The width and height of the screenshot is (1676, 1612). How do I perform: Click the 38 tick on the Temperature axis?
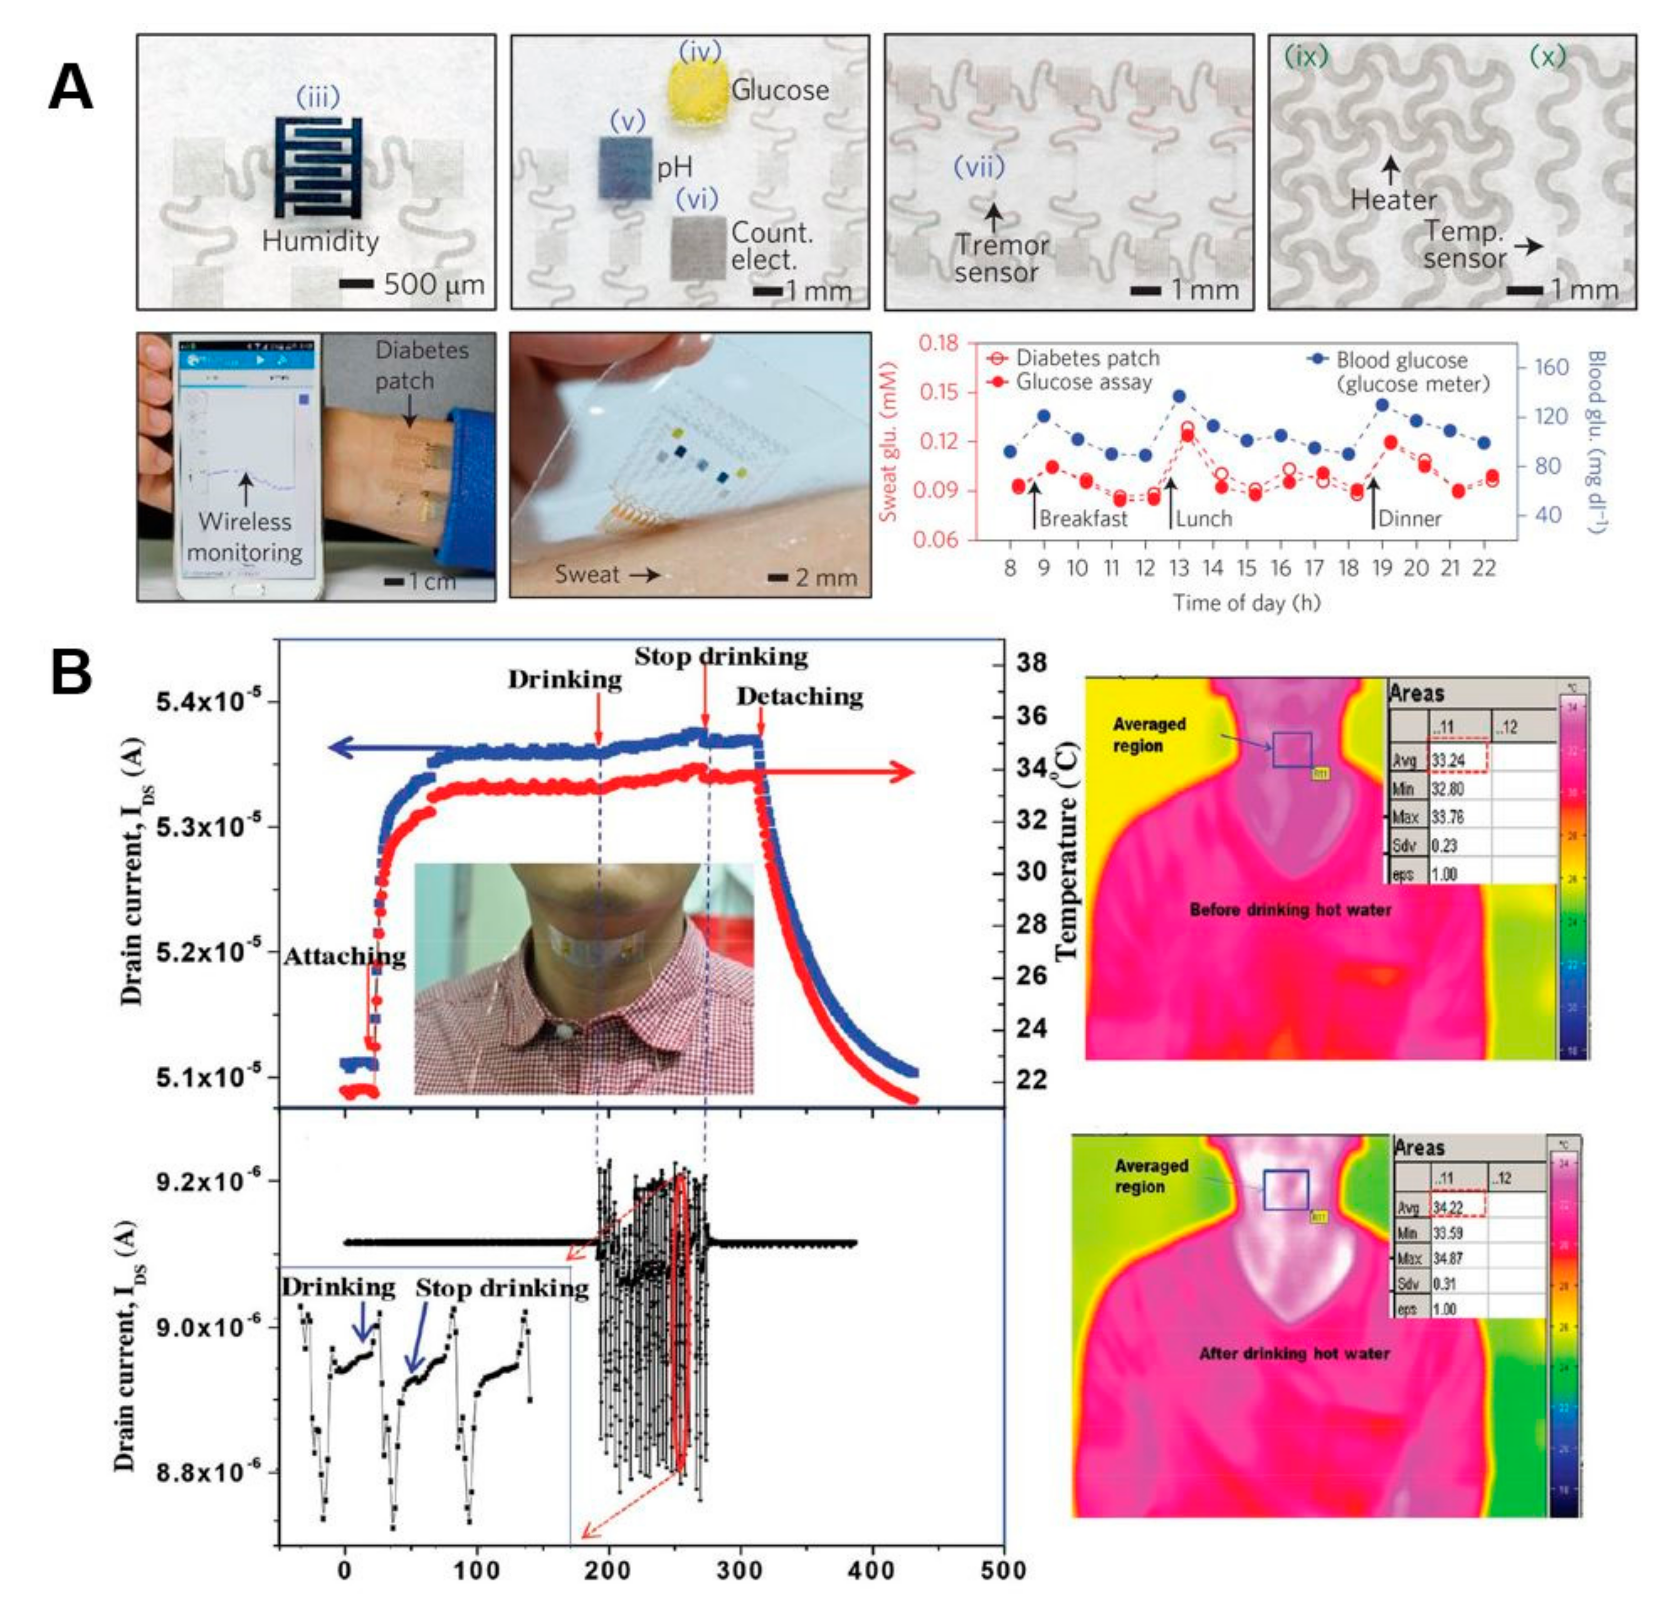pos(1031,663)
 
